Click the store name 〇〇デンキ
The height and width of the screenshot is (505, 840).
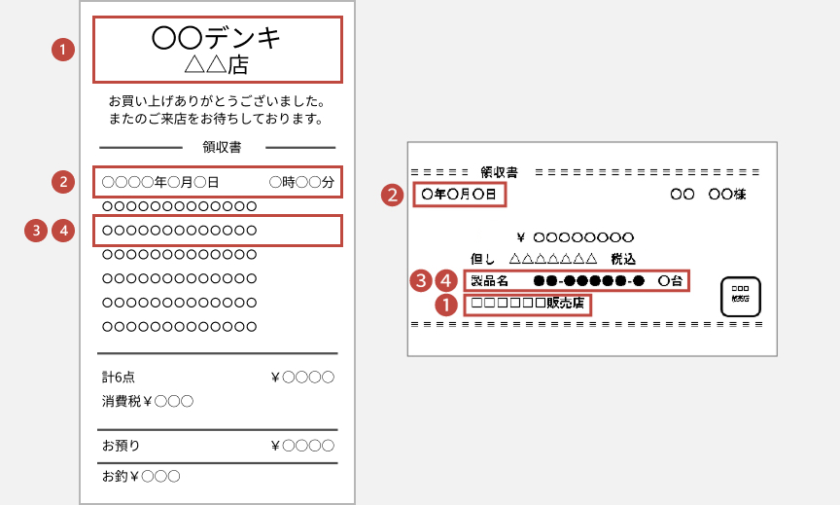click(x=217, y=38)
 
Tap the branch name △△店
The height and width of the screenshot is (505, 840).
click(x=217, y=65)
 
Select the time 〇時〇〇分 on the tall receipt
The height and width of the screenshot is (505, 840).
click(x=301, y=182)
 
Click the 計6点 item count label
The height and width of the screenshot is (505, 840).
click(x=119, y=377)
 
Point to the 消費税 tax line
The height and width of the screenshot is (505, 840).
click(x=148, y=401)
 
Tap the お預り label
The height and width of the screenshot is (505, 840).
click(x=121, y=446)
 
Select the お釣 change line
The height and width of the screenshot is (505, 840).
click(x=141, y=477)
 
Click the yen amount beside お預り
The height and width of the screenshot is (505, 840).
click(x=303, y=446)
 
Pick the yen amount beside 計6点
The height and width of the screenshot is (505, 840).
click(x=303, y=377)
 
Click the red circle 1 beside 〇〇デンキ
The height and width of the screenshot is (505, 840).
click(x=62, y=50)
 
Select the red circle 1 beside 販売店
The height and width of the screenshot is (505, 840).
click(x=446, y=305)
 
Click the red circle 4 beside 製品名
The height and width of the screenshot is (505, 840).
click(x=446, y=280)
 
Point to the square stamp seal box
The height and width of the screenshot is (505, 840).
click(x=740, y=297)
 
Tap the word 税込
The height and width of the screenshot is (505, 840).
click(x=623, y=259)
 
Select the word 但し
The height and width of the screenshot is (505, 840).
click(x=482, y=259)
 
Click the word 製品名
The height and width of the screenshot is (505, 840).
click(x=489, y=280)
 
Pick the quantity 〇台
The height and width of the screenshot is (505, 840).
click(x=670, y=280)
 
